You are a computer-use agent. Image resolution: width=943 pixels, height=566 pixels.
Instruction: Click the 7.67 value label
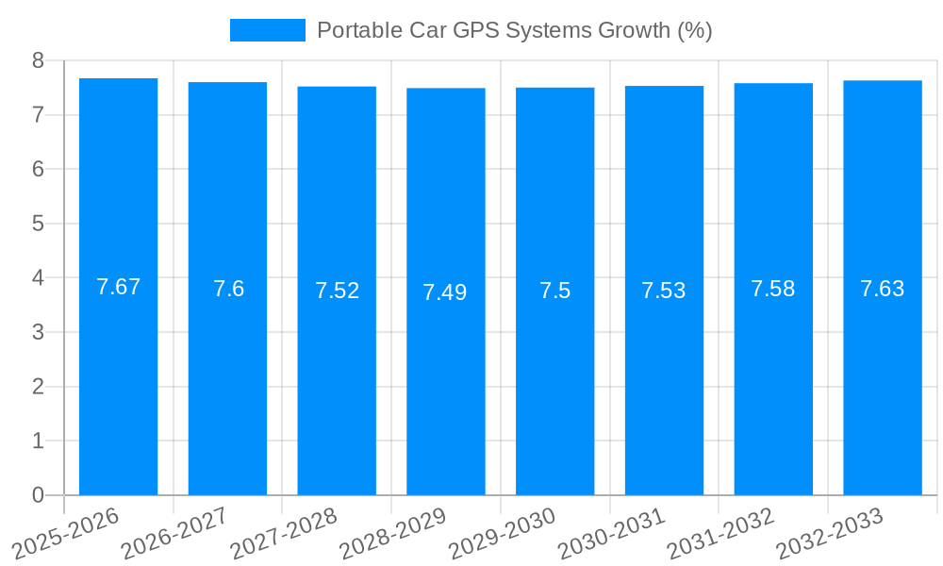point(118,287)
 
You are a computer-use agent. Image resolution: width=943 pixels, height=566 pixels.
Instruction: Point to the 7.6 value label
point(228,289)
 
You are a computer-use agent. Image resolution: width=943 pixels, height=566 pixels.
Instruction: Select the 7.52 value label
point(337,291)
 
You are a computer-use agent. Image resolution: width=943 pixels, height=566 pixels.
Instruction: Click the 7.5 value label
point(554,291)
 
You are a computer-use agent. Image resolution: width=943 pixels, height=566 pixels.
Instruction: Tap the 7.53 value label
point(664,291)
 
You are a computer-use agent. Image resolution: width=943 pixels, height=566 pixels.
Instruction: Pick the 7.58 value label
point(773,289)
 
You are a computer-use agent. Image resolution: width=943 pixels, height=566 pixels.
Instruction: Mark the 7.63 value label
point(883,289)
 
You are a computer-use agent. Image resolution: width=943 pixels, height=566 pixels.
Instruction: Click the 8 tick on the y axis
point(38,60)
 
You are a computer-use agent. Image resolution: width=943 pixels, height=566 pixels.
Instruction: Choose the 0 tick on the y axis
point(38,495)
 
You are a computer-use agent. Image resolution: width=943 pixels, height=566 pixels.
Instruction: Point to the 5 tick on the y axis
point(38,224)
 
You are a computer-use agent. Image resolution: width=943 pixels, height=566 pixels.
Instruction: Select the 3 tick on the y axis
point(38,332)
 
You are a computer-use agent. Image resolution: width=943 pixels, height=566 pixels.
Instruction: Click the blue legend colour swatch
point(268,30)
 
